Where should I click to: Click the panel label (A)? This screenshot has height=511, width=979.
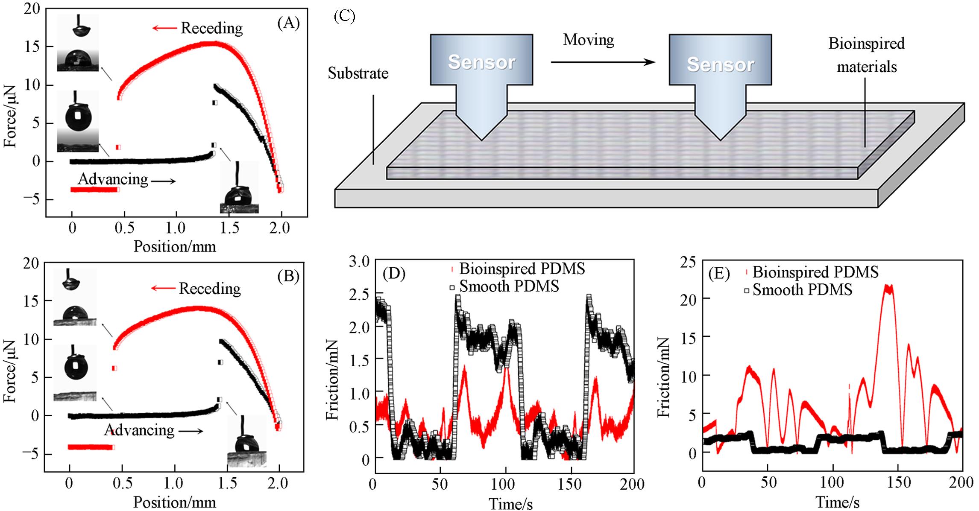tap(288, 23)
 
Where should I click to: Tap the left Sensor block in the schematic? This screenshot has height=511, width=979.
tap(481, 62)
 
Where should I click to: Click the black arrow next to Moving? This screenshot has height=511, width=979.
tap(602, 62)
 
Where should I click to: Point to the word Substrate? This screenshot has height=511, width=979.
tap(358, 73)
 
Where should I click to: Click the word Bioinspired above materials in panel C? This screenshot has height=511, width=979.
tap(866, 44)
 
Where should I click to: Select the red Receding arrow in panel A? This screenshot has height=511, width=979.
tap(164, 28)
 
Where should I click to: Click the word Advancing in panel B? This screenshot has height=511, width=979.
tap(139, 430)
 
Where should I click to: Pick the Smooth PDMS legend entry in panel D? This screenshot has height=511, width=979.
tap(508, 286)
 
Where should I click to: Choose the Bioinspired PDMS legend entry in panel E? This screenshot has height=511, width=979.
tap(815, 272)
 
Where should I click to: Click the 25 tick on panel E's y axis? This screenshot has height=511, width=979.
tap(687, 261)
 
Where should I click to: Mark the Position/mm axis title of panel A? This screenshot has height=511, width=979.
tap(175, 246)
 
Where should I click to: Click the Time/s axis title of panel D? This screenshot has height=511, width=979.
tap(510, 503)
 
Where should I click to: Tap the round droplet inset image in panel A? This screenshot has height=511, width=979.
tap(77, 117)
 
